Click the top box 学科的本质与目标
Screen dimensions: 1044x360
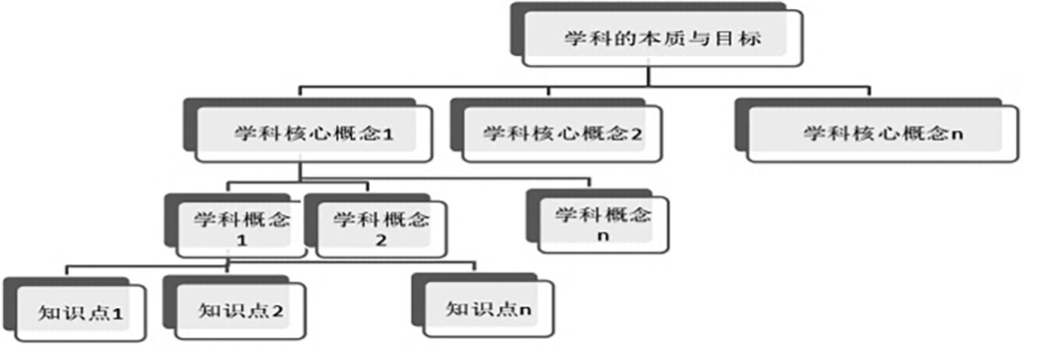coord(662,38)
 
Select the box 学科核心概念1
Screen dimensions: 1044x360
coord(314,134)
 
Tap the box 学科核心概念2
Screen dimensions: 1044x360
coord(562,134)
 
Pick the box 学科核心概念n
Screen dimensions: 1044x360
coord(882,134)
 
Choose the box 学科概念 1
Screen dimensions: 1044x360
coord(241,229)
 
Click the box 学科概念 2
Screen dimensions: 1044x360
coord(382,229)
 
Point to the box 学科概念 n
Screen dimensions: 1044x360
coord(603,225)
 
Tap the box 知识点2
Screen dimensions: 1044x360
coord(240,311)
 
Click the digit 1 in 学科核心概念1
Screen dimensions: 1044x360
coord(389,134)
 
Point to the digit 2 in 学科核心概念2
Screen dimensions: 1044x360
coord(636,134)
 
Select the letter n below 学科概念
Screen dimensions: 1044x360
coord(603,236)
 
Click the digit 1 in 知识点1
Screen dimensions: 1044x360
coord(118,314)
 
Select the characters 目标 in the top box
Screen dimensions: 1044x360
coord(739,38)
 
